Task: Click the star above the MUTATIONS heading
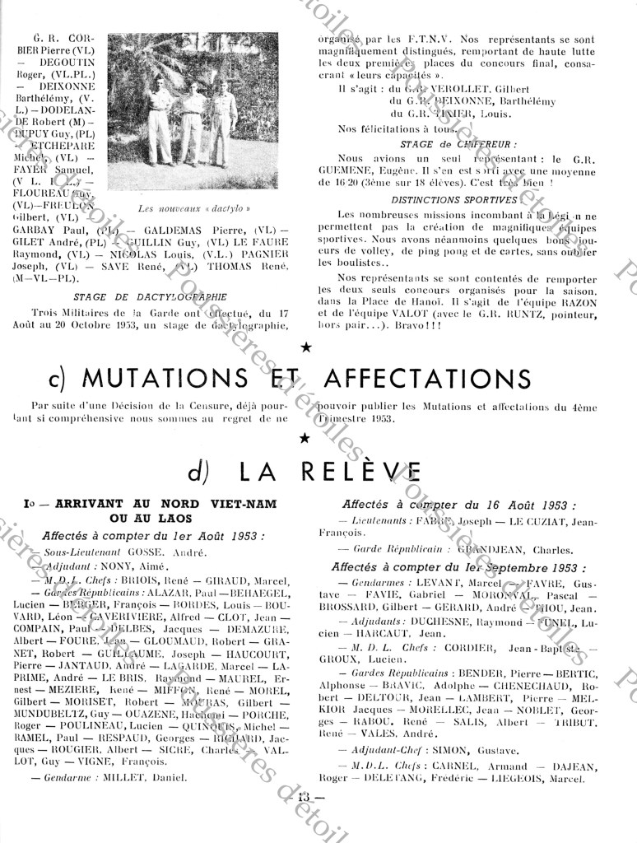307,348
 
